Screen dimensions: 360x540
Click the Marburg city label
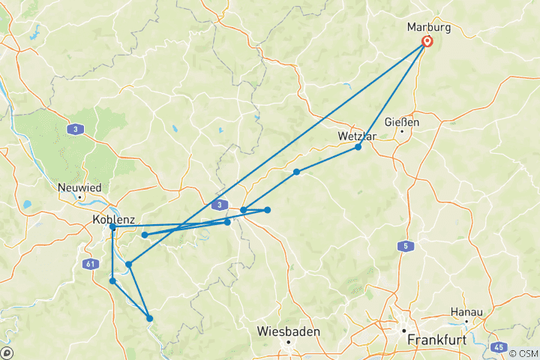430,27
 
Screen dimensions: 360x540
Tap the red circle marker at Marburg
427,42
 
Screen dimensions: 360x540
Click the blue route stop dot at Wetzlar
358,147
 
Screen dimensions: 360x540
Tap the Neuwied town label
79,187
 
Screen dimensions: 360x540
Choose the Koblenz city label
113,220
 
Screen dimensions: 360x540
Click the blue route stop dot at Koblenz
112,226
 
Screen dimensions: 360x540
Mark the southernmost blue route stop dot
150,319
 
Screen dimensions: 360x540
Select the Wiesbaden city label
288,331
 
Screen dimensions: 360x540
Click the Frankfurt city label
436,340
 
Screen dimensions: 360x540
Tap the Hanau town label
466,311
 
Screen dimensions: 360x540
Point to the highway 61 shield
91,263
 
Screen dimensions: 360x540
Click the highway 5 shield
406,246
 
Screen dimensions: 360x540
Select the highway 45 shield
499,347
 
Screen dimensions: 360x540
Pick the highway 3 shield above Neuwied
75,130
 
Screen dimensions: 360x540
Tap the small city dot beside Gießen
402,132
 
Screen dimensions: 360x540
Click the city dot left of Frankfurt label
403,331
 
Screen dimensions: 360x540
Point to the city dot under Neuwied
79,196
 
